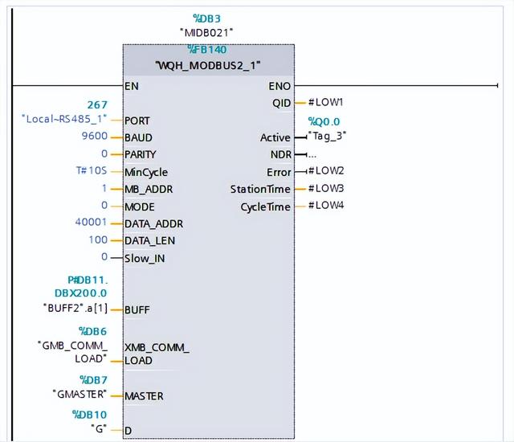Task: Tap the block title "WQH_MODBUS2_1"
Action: pyautogui.click(x=209, y=64)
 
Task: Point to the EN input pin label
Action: pyautogui.click(x=132, y=85)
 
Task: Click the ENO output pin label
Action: pyautogui.click(x=280, y=85)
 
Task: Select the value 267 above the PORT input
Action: pyautogui.click(x=98, y=104)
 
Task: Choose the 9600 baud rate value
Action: pyautogui.click(x=96, y=137)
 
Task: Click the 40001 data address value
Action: pyautogui.click(x=92, y=223)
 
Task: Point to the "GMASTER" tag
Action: pyautogui.click(x=79, y=395)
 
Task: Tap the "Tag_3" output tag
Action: pyautogui.click(x=328, y=136)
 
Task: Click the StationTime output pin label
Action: pyautogui.click(x=260, y=189)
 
